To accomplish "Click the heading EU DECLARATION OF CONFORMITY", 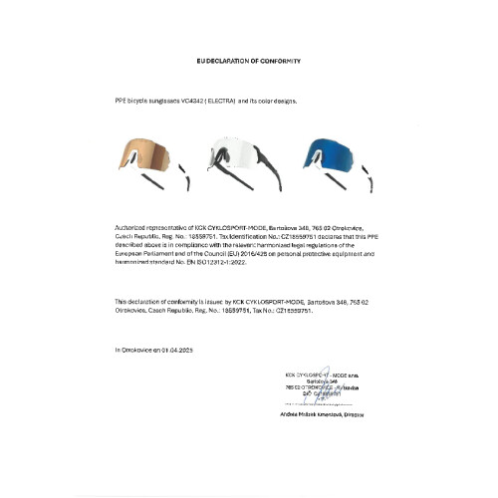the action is (x=248, y=61).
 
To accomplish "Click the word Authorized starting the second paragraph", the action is (x=129, y=228).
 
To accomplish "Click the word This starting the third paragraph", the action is (x=121, y=301).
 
